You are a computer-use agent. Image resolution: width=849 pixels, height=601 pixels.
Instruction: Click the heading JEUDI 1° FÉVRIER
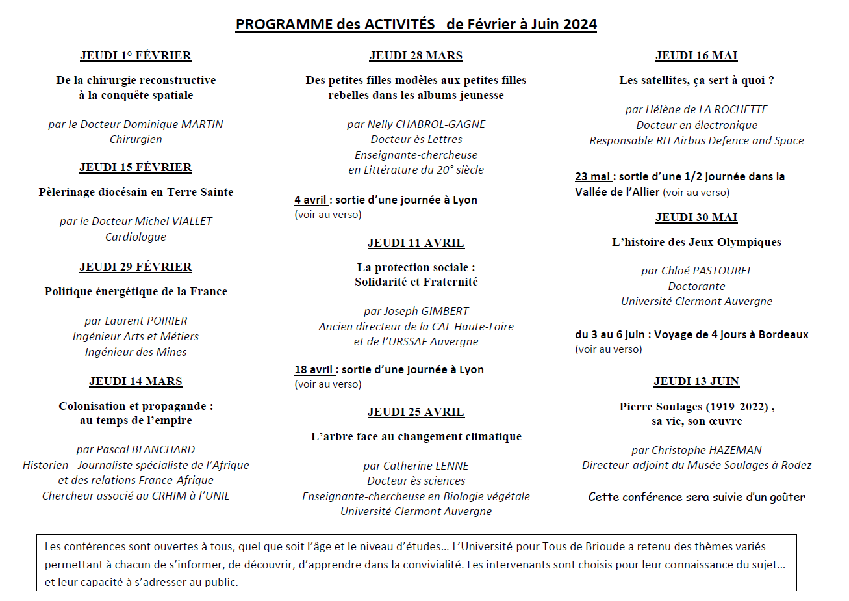136,56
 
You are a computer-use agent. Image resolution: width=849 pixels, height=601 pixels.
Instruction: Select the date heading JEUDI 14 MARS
136,382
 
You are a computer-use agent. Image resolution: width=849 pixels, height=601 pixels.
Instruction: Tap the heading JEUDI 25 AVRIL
416,412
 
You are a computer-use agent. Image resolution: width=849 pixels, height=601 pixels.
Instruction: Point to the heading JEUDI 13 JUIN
696,382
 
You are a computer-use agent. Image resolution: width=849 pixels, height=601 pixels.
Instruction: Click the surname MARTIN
201,124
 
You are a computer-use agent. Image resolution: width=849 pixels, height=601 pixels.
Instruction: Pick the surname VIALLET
191,222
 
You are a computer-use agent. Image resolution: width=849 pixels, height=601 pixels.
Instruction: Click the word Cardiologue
136,237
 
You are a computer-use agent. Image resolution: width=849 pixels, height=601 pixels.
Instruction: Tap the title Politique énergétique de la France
136,292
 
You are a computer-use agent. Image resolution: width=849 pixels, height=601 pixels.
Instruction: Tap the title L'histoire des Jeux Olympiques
696,243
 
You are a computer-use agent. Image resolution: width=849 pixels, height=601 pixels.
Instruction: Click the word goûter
786,498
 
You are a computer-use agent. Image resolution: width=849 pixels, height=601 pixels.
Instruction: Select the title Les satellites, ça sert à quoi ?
696,81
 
